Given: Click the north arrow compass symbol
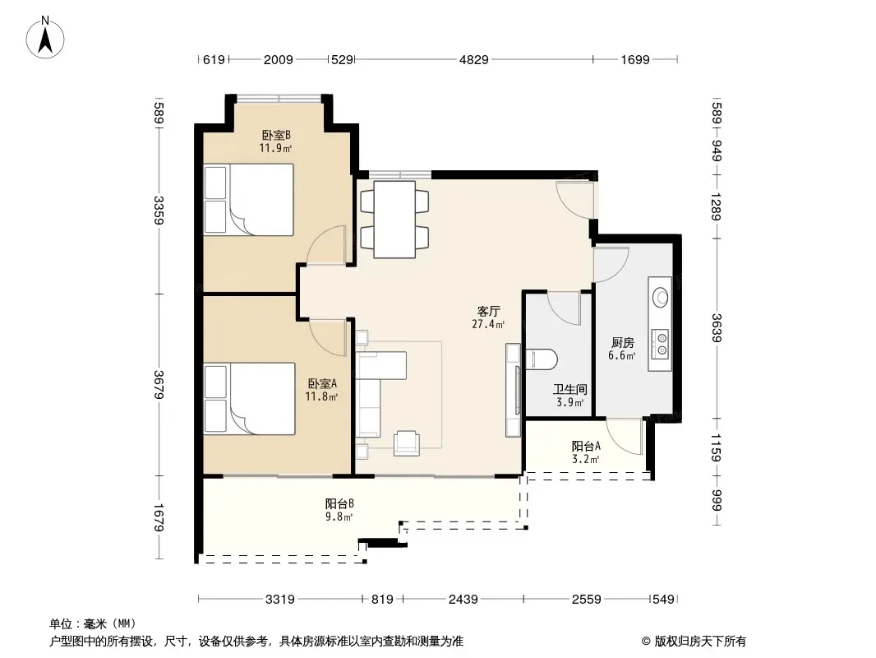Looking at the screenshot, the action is (45, 38).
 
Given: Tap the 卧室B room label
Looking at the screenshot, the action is (276, 135).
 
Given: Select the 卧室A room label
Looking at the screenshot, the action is (322, 384).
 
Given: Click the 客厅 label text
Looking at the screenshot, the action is (488, 312).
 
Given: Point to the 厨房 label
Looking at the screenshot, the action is (622, 343).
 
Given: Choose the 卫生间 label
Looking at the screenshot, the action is (569, 390).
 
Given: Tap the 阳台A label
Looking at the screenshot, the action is (586, 446).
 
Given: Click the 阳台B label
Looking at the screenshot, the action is (339, 503).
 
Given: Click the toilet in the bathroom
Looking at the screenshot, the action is (542, 360).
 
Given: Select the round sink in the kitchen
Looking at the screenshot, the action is (661, 296).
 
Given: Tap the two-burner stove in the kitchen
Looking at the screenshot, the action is (662, 343).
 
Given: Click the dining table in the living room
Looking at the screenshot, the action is (394, 219).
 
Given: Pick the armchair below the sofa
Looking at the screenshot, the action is (407, 443).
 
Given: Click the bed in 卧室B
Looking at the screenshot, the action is (249, 199).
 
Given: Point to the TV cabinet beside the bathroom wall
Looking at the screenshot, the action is (514, 390).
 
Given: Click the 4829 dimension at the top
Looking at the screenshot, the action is (474, 59).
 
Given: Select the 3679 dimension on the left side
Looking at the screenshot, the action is (159, 385).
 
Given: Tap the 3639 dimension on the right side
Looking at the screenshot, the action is (717, 328).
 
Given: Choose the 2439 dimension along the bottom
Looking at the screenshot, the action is (463, 600).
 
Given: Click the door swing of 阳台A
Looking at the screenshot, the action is (625, 436).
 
